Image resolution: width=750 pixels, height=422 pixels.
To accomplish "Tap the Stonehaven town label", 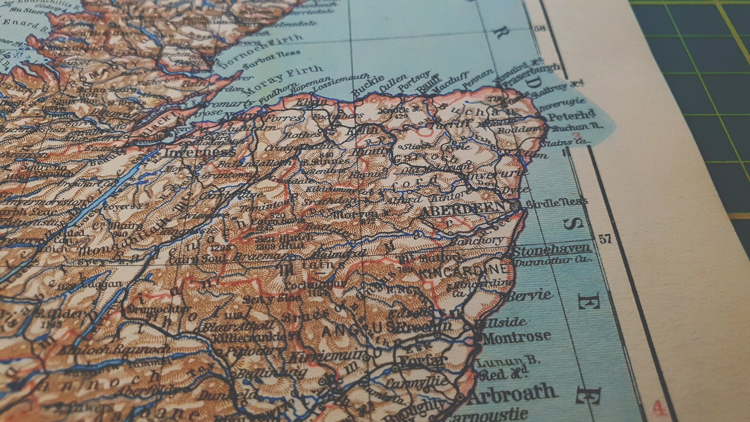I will (552, 250).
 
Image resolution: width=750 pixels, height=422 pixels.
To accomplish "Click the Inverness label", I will (199, 152).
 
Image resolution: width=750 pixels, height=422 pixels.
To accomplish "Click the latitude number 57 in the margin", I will (605, 239).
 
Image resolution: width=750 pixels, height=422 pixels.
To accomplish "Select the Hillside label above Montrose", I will (502, 322).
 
